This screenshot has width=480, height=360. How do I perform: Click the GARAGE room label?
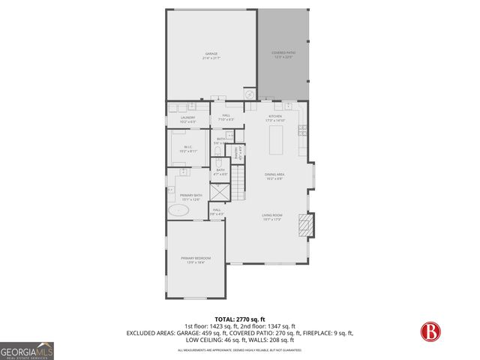coord(211,55)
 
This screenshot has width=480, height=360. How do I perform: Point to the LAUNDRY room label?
coord(187,118)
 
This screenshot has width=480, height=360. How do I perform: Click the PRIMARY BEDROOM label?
coord(193,260)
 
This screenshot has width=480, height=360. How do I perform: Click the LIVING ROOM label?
coord(271,217)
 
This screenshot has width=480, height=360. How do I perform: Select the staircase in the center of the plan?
coord(238,184)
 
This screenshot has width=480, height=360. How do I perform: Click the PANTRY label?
coord(238,154)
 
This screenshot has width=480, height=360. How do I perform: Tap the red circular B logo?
coord(430,330)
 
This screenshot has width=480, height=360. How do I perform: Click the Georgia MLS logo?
coord(26,350)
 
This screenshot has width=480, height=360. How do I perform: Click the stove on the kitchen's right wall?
coord(302,130)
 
